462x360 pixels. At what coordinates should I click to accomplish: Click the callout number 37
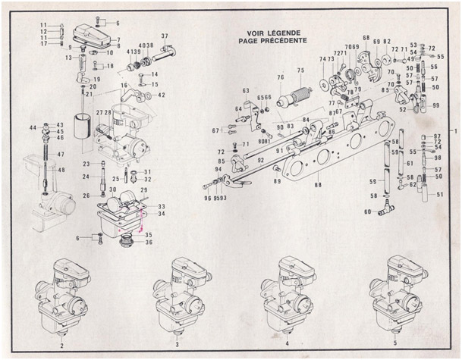click(x=165, y=36)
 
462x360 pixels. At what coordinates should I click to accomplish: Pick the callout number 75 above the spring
click(x=300, y=70)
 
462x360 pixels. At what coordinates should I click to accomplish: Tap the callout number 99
click(x=435, y=106)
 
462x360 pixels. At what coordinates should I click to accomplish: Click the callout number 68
click(x=366, y=38)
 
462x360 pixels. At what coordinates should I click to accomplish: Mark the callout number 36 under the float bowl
click(x=149, y=243)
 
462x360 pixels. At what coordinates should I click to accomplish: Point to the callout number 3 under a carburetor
click(x=176, y=333)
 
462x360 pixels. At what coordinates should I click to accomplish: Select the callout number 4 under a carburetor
click(x=287, y=333)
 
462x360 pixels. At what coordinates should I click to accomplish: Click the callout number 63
click(x=246, y=91)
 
